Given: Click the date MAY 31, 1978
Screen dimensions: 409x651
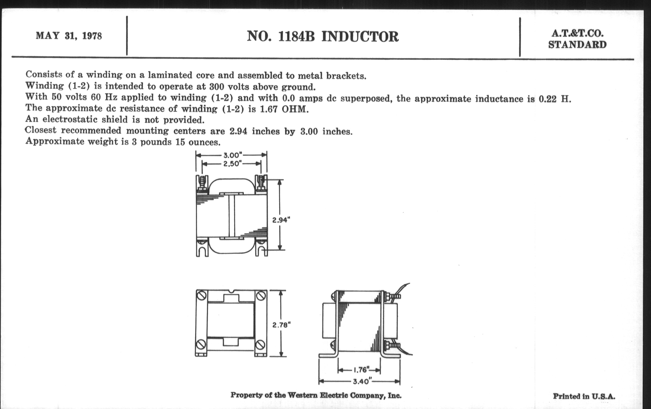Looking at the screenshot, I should tap(69, 36).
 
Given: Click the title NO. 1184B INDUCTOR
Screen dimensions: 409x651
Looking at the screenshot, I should tap(323, 37).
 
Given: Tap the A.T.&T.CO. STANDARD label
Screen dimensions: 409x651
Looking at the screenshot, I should tap(577, 39).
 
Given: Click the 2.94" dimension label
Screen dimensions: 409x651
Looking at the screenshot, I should tap(281, 220).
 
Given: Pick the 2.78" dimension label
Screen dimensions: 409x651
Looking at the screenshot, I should tap(281, 325).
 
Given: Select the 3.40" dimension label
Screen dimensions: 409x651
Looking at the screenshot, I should tap(361, 381).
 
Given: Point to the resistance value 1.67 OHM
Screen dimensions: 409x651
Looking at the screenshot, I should tap(284, 110).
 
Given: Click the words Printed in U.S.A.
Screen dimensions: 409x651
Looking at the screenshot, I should tap(584, 396).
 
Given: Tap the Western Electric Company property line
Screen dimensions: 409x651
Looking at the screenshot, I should tap(316, 395).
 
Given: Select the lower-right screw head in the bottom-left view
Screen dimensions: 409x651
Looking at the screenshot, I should tap(260, 345).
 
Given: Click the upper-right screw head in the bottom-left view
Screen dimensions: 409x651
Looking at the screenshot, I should tap(260, 296).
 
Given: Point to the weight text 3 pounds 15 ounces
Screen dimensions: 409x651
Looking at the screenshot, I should tap(176, 142).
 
